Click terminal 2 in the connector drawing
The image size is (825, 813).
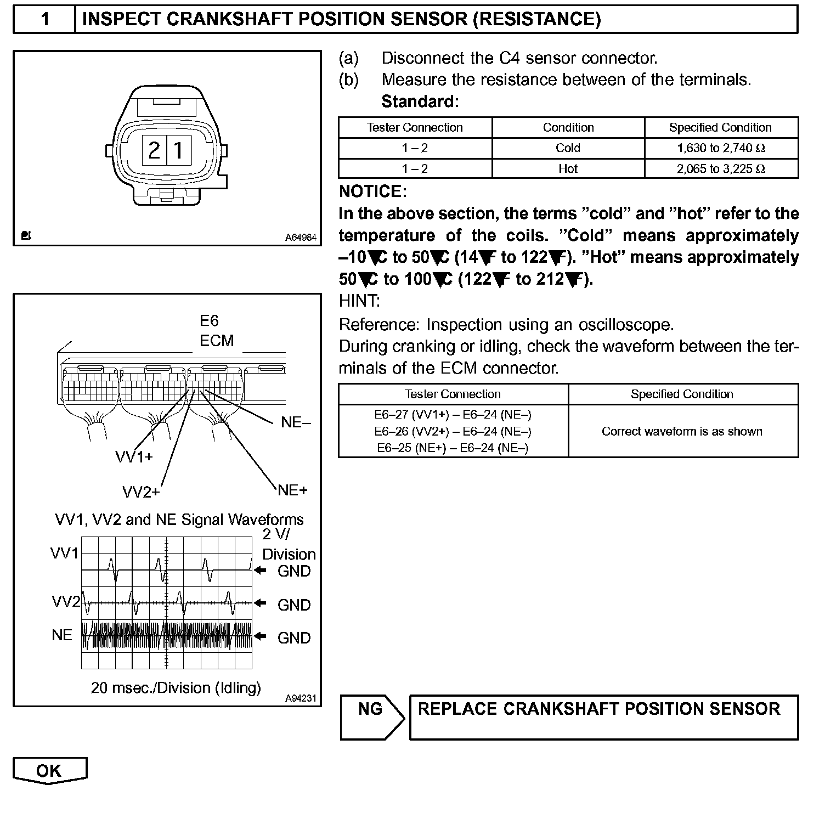[154, 149]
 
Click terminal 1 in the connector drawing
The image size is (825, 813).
[178, 149]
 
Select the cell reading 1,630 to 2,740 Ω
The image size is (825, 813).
[721, 148]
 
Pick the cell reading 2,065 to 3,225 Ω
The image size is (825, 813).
[721, 169]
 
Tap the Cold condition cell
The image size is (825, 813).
[568, 148]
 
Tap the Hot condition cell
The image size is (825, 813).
[568, 169]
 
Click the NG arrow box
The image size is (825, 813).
[371, 716]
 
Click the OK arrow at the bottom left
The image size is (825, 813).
[49, 771]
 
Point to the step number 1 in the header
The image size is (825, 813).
[45, 20]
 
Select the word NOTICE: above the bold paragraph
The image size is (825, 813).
[373, 191]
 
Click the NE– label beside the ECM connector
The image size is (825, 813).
[296, 422]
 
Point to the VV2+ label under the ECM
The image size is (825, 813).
[140, 492]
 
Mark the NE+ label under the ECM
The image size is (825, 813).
[292, 490]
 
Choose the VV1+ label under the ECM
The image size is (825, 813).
[134, 456]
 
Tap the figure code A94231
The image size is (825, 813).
[301, 698]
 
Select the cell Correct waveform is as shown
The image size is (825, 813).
[682, 431]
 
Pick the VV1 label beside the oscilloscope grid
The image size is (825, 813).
[65, 554]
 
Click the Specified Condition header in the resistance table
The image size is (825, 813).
[720, 128]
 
